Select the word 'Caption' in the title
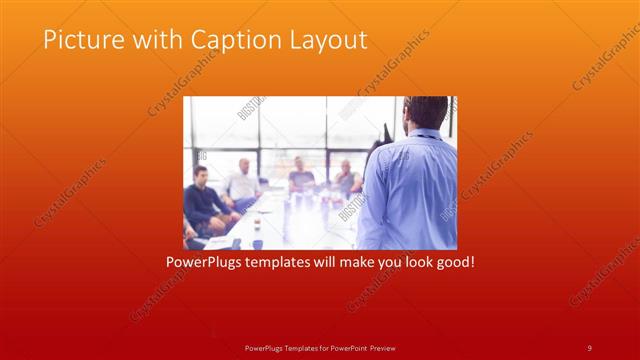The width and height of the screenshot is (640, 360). (x=226, y=40)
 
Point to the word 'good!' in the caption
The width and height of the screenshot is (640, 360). (x=451, y=263)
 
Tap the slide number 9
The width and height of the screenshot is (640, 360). (x=589, y=347)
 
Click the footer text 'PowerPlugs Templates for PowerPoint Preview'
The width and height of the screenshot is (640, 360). (x=319, y=347)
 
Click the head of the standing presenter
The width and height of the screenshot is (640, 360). (x=427, y=113)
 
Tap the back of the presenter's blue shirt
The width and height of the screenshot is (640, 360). (x=410, y=195)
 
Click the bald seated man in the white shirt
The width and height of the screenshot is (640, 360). (x=243, y=180)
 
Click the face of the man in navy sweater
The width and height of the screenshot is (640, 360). (x=200, y=176)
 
